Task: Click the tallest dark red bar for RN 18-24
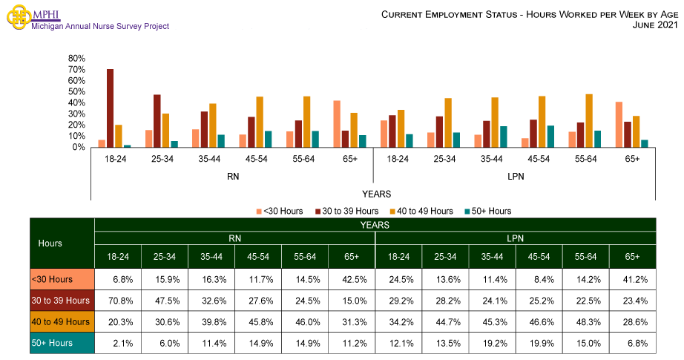point(110,108)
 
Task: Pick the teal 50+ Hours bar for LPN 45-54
point(550,137)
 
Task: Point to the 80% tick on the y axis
point(76,58)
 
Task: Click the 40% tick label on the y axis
point(76,102)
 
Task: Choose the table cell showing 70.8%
point(119,301)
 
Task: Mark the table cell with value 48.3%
point(585,321)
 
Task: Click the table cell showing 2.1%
point(119,343)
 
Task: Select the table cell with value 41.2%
point(632,279)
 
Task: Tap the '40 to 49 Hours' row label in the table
point(62,321)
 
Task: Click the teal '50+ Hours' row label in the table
point(62,343)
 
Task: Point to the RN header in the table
point(235,238)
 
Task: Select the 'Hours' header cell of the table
point(50,243)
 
